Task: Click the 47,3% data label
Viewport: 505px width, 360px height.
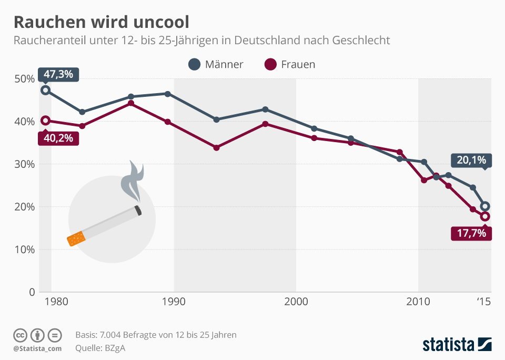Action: click(58, 74)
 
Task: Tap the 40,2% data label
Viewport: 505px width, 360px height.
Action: click(58, 138)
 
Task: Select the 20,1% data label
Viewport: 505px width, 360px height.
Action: click(471, 161)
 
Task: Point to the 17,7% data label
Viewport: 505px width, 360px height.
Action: click(471, 233)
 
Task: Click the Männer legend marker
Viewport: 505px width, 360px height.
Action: click(195, 65)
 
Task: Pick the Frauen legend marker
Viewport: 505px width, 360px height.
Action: click(270, 65)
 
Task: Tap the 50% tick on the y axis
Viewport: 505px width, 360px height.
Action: click(24, 79)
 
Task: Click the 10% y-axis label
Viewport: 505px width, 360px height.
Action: click(24, 249)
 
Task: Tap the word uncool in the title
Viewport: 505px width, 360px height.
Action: click(158, 23)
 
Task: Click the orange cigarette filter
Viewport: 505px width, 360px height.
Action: click(76, 238)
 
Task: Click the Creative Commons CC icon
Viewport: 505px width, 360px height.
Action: click(20, 335)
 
